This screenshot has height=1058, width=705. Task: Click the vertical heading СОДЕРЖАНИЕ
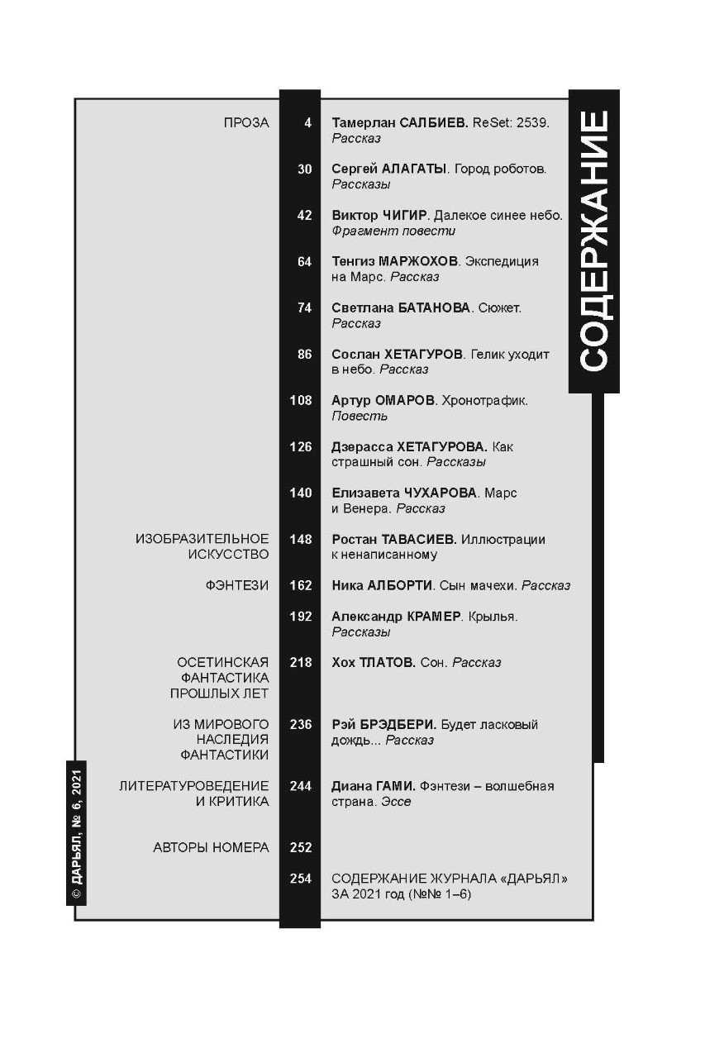pyautogui.click(x=594, y=240)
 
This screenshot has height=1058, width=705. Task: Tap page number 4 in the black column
pyautogui.click(x=307, y=123)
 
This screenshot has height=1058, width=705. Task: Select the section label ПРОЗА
pyautogui.click(x=246, y=123)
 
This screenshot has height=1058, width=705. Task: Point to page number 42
pyautogui.click(x=304, y=216)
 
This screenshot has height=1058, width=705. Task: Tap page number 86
pyautogui.click(x=304, y=355)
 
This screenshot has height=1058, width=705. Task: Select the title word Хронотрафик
pyautogui.click(x=497, y=401)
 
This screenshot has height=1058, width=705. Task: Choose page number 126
pyautogui.click(x=301, y=447)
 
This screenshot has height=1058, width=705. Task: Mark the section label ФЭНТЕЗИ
pyautogui.click(x=237, y=586)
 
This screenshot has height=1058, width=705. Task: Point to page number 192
pyautogui.click(x=301, y=617)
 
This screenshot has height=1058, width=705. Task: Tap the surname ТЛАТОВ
pyautogui.click(x=387, y=663)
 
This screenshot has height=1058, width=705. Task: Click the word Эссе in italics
pyautogui.click(x=396, y=802)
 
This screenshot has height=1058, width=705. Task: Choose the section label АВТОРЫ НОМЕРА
pyautogui.click(x=211, y=848)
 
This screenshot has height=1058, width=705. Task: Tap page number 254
pyautogui.click(x=301, y=879)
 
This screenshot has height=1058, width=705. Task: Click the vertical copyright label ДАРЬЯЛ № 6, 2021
pyautogui.click(x=76, y=833)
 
